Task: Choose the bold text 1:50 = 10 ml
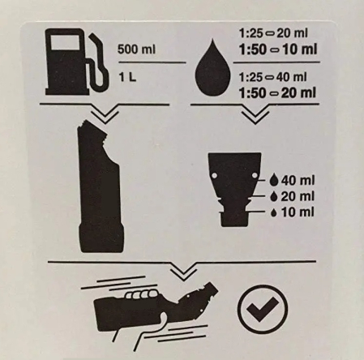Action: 278,50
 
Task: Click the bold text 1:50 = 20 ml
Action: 278,91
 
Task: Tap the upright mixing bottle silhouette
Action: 101,190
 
